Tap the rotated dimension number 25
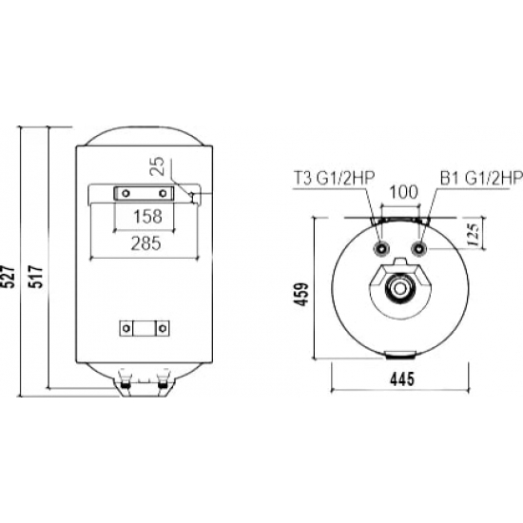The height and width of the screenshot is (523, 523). [x=160, y=169]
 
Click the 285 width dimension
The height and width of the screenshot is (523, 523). [x=144, y=242]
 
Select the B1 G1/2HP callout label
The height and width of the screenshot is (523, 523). [x=480, y=177]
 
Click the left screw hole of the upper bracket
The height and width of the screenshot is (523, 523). [x=123, y=193]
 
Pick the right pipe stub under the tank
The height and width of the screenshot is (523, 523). [x=164, y=385]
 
